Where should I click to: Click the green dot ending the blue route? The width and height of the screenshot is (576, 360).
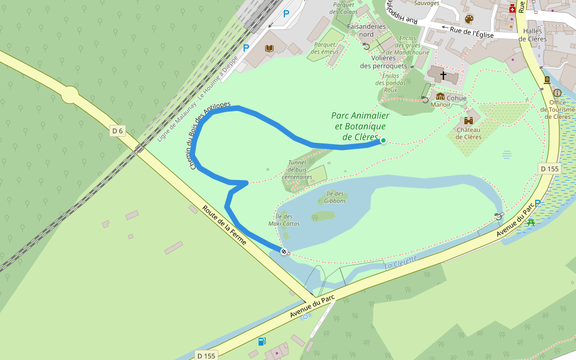click(x=383, y=140)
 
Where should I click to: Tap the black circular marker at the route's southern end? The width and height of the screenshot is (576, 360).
click(x=283, y=251)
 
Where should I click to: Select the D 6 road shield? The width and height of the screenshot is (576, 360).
click(x=117, y=130)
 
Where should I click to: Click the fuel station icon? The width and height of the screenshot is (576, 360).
click(x=262, y=341)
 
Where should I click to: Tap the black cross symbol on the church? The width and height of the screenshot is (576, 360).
click(x=443, y=76)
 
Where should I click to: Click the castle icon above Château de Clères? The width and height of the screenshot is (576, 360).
click(x=469, y=120)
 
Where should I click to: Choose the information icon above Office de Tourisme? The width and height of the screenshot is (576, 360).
click(x=557, y=93)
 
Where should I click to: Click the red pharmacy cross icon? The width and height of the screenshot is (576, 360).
click(x=512, y=10)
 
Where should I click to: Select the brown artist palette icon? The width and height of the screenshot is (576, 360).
click(x=469, y=20)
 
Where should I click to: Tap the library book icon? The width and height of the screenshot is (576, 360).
click(x=269, y=48)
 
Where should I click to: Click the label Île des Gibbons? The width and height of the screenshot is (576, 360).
click(x=335, y=197)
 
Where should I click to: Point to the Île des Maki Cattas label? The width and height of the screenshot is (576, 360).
click(x=284, y=220)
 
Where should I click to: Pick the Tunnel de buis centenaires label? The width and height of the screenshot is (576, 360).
click(x=297, y=170)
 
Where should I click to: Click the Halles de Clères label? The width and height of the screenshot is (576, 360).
click(x=532, y=35)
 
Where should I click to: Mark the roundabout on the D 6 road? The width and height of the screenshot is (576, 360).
click(x=70, y=94)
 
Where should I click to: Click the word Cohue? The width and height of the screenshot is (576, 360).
click(x=457, y=98)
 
